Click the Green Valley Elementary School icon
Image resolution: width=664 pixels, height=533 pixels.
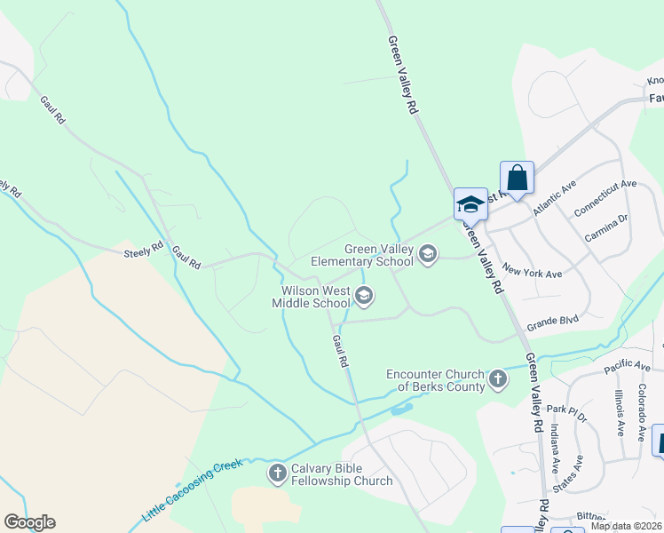click(x=428, y=256)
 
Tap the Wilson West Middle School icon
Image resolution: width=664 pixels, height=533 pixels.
click(x=363, y=296)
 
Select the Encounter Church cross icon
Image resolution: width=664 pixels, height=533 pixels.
click(x=497, y=379)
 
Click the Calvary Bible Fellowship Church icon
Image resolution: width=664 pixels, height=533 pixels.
click(x=278, y=473)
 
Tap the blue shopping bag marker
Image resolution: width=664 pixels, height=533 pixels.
click(x=517, y=178)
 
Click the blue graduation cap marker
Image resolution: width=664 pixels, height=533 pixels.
click(x=470, y=205)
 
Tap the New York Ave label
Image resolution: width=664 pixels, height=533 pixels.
click(x=532, y=270)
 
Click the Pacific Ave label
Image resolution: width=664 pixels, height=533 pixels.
click(x=627, y=366)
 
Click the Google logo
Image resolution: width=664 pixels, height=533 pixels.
click(x=29, y=522)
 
